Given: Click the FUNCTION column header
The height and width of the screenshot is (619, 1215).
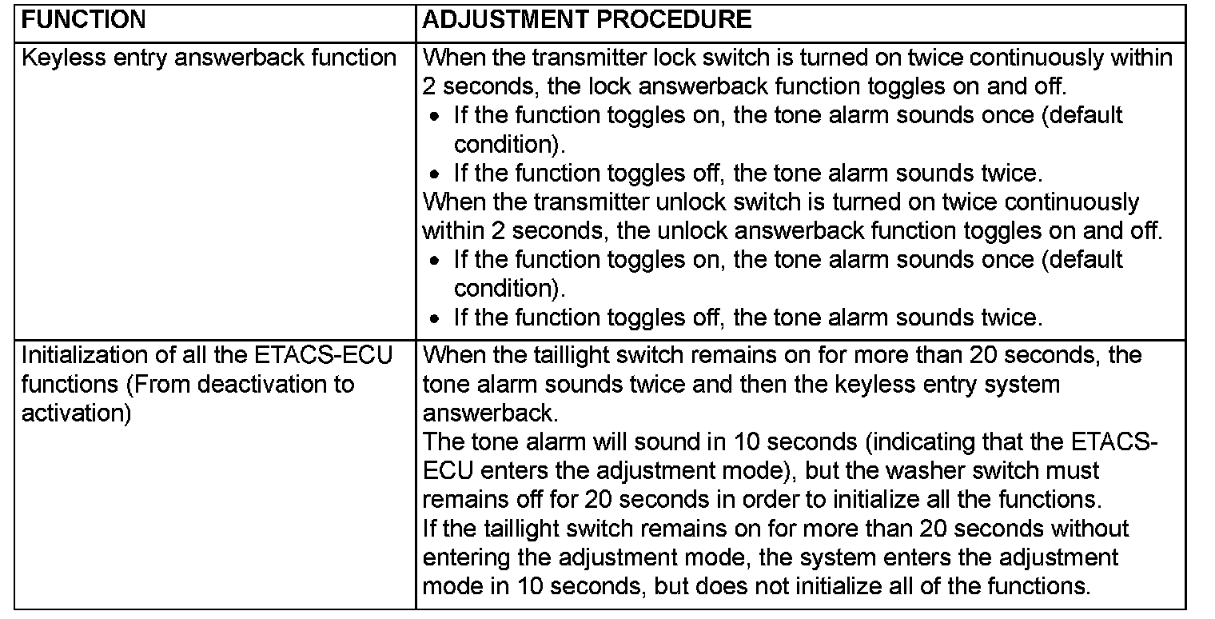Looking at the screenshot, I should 84,20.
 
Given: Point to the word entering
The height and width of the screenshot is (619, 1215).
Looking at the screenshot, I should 467,557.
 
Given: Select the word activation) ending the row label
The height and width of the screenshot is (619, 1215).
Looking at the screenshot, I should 76,413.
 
